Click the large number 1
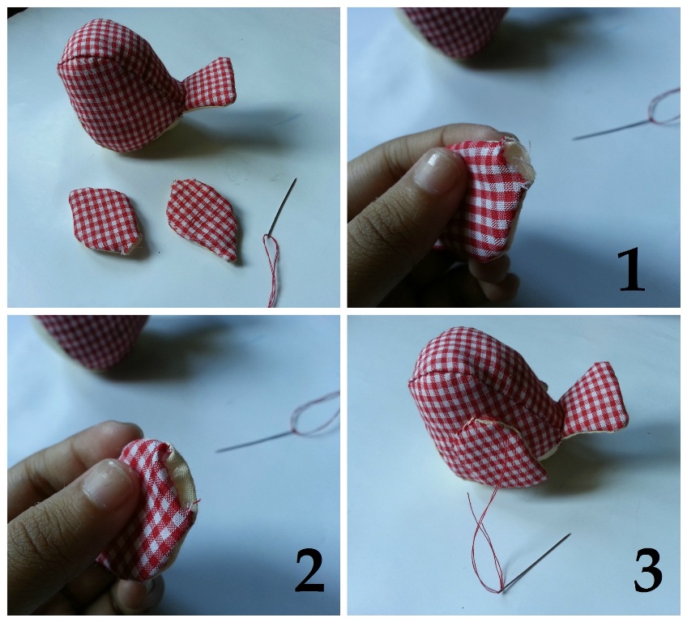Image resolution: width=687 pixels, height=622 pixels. click(x=631, y=271)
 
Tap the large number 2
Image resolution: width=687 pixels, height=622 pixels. click(x=309, y=571)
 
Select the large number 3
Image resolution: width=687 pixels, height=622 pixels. click(x=647, y=571)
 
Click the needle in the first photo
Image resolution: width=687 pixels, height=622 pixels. click(x=283, y=206)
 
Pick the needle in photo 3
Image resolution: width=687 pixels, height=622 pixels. click(x=536, y=564)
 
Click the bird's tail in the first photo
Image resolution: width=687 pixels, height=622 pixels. click(x=208, y=83)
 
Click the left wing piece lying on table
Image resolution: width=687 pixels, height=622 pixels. click(x=105, y=221)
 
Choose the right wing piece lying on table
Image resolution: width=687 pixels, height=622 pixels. click(x=203, y=219)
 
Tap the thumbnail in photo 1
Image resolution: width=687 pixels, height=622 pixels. click(x=434, y=170)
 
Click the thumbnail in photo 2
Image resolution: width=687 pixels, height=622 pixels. click(x=107, y=484)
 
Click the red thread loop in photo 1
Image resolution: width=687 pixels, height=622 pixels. click(x=664, y=108)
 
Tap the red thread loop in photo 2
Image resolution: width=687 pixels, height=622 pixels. click(x=316, y=414)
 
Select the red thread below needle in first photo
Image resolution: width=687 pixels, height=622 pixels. click(x=272, y=270)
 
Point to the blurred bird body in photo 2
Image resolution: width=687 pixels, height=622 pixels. click(x=93, y=341)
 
